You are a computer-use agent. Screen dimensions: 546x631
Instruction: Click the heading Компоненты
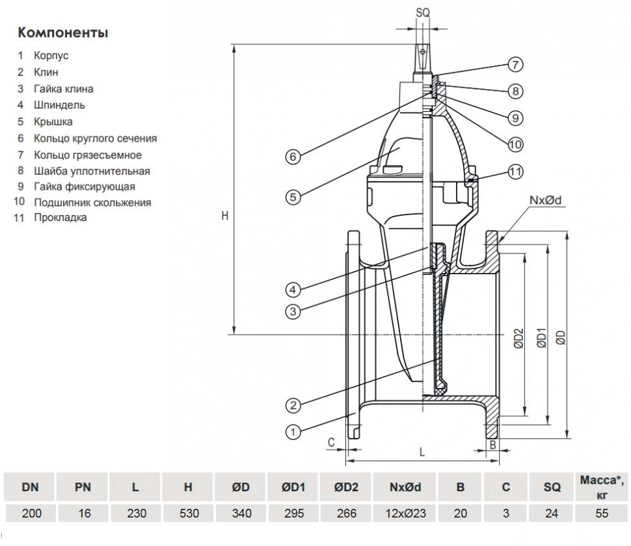(x=63, y=32)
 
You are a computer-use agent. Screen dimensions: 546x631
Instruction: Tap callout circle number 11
(x=515, y=172)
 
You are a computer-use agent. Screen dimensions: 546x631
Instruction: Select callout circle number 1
(x=293, y=430)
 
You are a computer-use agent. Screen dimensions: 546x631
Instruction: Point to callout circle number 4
(x=293, y=289)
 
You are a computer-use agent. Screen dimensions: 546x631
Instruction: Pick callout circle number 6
(x=293, y=157)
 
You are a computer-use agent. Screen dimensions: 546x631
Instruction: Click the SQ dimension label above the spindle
(x=422, y=12)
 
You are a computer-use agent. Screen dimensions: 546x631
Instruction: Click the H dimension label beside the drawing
(x=224, y=216)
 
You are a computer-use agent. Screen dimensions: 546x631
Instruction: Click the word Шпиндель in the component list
(x=59, y=105)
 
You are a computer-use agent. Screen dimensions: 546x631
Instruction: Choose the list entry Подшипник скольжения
(x=92, y=202)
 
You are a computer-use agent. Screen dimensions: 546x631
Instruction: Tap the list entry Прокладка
(x=60, y=218)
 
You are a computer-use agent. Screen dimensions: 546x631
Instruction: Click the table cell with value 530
(x=188, y=513)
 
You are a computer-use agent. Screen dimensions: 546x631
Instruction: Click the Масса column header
(x=602, y=486)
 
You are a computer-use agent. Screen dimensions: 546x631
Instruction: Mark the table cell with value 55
(x=602, y=513)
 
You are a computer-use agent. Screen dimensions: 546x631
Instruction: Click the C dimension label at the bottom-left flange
(x=331, y=443)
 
